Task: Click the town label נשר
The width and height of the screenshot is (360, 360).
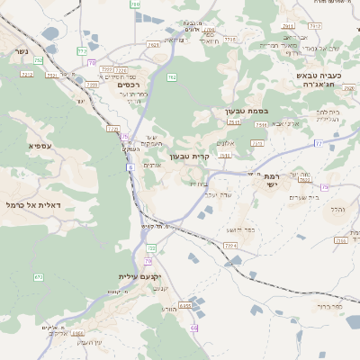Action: (20, 51)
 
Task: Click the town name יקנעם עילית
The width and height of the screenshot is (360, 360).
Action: (138, 276)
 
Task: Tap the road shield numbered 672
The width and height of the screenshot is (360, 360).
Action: (39, 276)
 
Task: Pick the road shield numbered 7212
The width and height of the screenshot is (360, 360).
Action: (26, 74)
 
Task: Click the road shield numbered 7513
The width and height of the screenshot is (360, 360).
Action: (235, 122)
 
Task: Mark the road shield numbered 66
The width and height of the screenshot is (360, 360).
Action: (194, 328)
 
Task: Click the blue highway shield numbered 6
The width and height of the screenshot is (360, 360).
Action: (130, 166)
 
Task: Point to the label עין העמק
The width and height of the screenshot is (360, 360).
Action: (90, 342)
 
